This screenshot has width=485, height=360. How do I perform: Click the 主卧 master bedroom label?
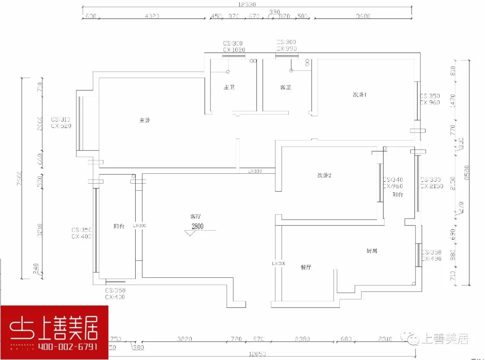click(x=144, y=120)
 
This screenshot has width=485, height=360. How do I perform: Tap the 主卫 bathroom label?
click(x=229, y=87)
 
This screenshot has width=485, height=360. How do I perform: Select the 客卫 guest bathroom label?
click(x=285, y=87)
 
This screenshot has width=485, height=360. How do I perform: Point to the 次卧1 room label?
click(x=360, y=95)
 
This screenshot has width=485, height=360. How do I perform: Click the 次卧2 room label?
click(x=324, y=175)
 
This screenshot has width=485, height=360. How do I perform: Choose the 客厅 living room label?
click(x=195, y=216)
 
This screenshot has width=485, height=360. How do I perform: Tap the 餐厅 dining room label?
click(x=306, y=267)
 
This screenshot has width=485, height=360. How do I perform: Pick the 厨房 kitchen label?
click(x=371, y=250)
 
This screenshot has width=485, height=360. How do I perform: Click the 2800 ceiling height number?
click(x=198, y=226)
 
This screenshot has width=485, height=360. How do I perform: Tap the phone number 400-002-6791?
click(x=68, y=347)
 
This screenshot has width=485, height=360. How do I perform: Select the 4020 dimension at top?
click(x=152, y=17)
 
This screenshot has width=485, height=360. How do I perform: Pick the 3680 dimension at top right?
click(x=363, y=17)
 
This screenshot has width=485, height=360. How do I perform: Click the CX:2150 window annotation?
click(x=432, y=186)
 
